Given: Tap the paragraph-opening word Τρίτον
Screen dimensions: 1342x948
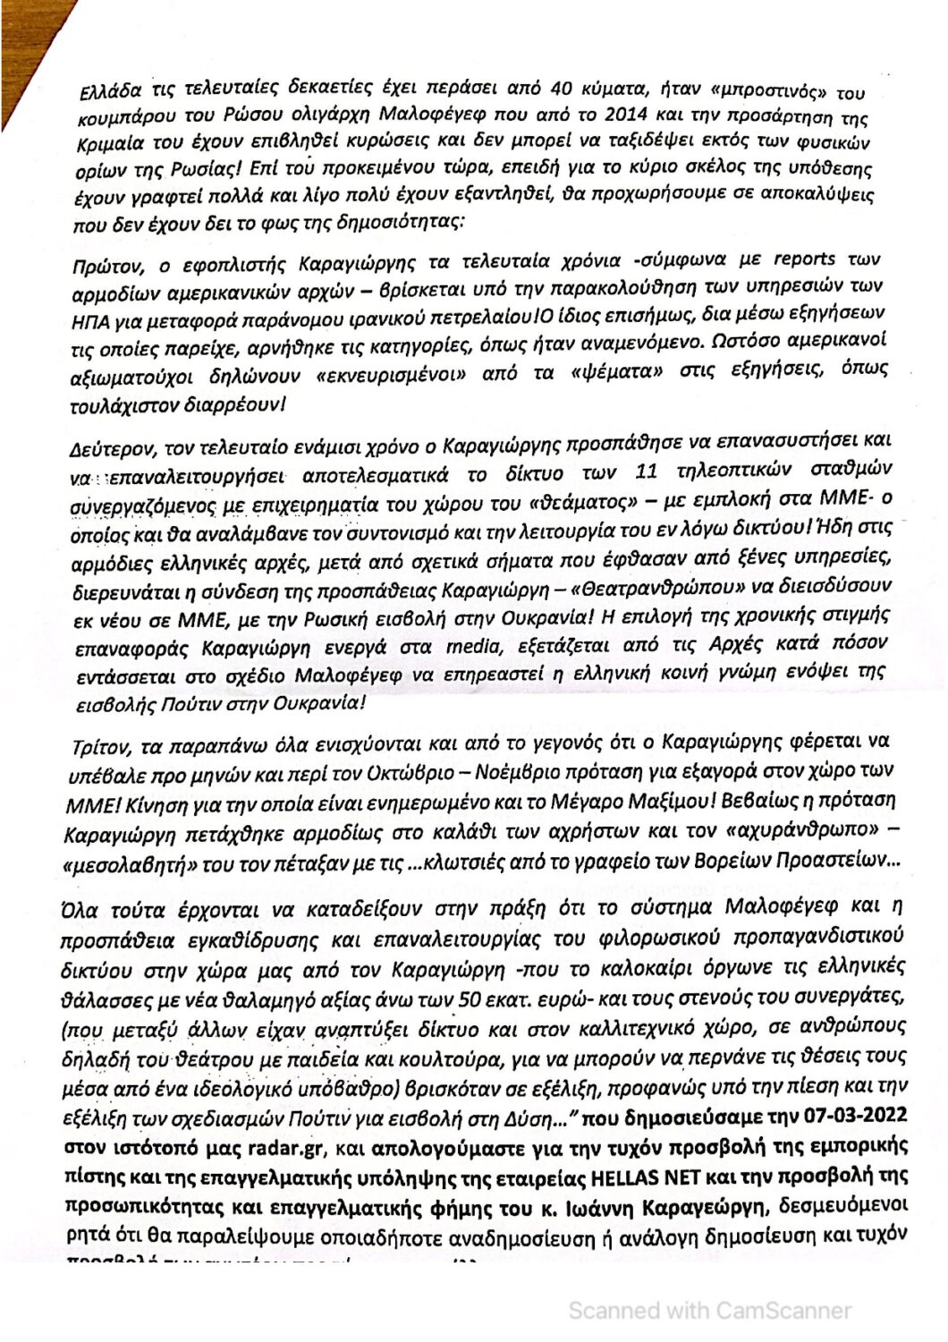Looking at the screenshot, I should click(98, 743).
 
